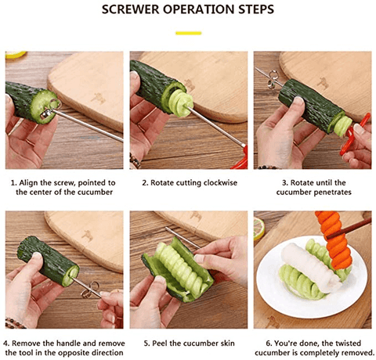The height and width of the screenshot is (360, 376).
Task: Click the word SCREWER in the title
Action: tap(131, 9)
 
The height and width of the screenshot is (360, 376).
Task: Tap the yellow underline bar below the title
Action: tap(188, 33)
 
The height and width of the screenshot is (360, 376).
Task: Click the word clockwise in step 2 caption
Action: tap(220, 182)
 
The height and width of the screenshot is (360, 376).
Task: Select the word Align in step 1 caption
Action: tap(27, 183)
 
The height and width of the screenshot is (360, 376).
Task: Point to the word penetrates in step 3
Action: tap(332, 193)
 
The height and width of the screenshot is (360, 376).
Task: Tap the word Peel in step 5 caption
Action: tap(160, 343)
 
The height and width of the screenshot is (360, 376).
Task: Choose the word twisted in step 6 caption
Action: tap(348, 343)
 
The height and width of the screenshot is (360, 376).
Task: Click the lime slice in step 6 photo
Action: tap(258, 229)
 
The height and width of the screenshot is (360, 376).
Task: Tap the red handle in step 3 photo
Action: tap(354, 135)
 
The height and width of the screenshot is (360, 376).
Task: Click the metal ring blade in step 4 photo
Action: tap(90, 290)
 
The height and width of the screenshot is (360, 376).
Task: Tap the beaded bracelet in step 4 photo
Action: tap(14, 323)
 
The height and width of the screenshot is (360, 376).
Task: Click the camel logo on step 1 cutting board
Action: tap(98, 99)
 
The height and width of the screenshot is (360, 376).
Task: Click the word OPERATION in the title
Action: tap(198, 9)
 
